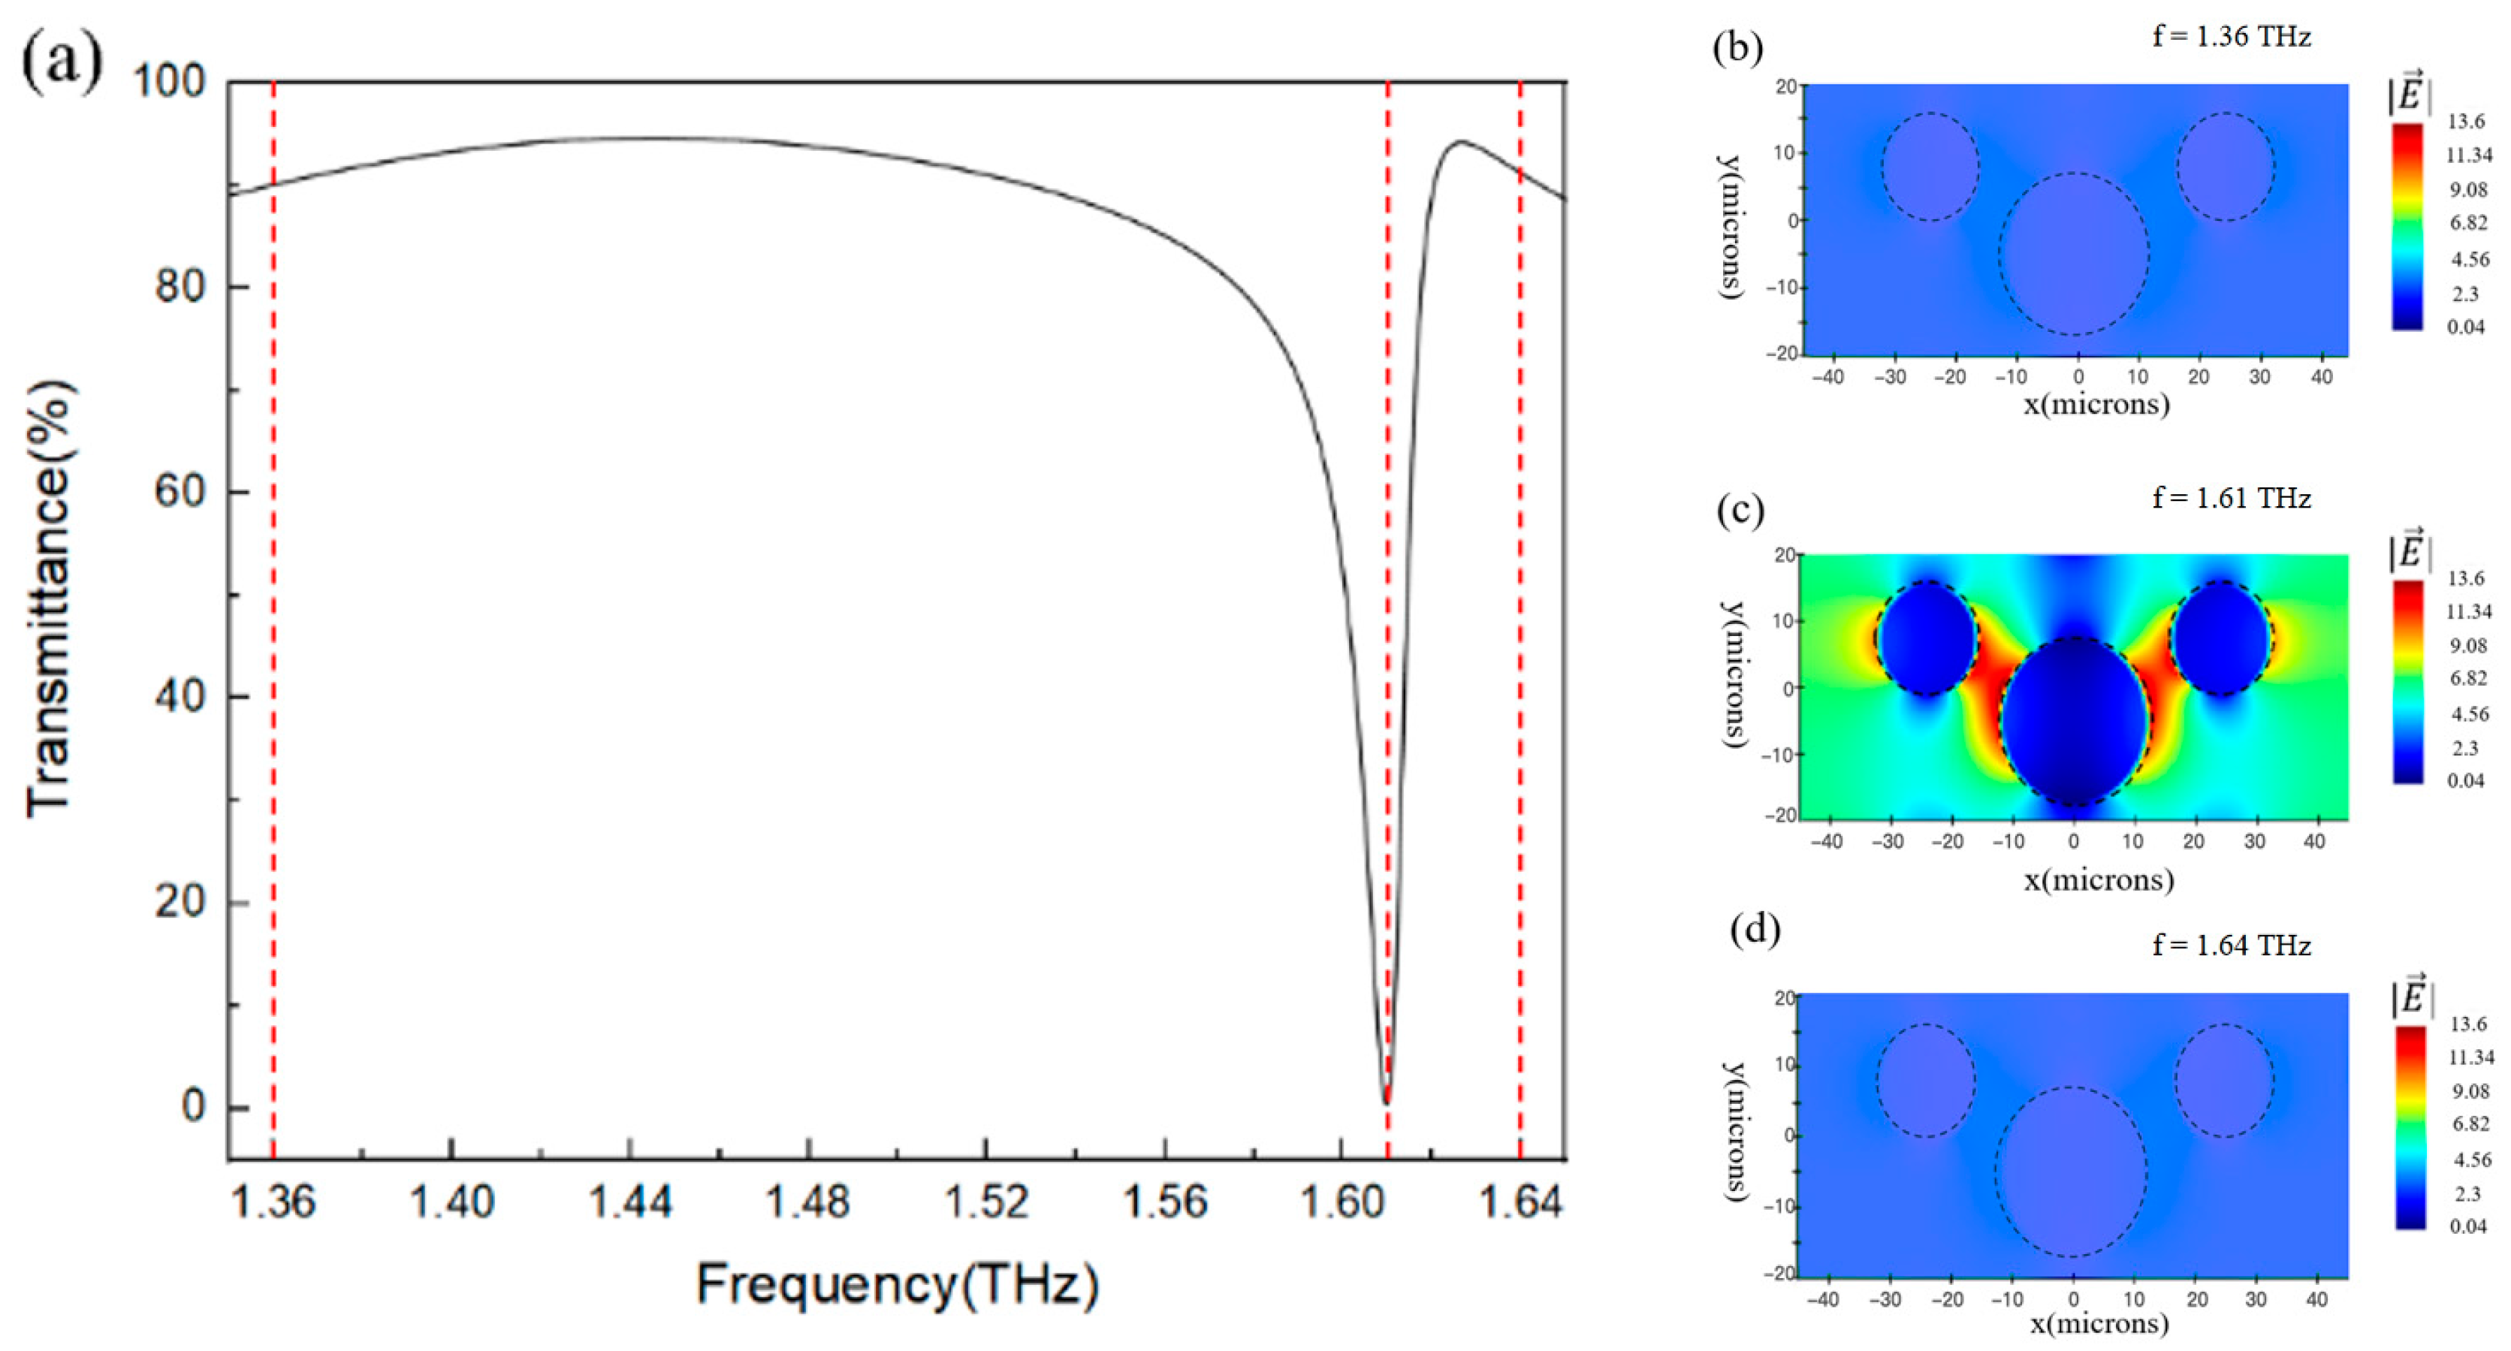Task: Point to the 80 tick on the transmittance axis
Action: pyautogui.click(x=180, y=287)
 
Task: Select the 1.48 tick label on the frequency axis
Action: pyautogui.click(x=808, y=1202)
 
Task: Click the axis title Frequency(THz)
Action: pyautogui.click(x=897, y=1285)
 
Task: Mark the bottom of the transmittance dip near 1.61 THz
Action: pyautogui.click(x=1386, y=1099)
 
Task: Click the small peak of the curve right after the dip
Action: pyautogui.click(x=1459, y=143)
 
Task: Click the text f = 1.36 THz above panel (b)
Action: pyautogui.click(x=2232, y=37)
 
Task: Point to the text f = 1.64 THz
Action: pyautogui.click(x=2232, y=945)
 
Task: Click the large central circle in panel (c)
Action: pyautogui.click(x=2075, y=722)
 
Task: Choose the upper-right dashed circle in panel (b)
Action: pyautogui.click(x=2226, y=167)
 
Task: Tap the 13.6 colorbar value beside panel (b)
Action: pyautogui.click(x=2466, y=122)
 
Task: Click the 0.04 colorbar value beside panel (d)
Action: pyautogui.click(x=2468, y=1226)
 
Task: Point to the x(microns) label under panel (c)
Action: pyautogui.click(x=2098, y=880)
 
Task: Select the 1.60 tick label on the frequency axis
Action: pyautogui.click(x=1342, y=1202)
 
